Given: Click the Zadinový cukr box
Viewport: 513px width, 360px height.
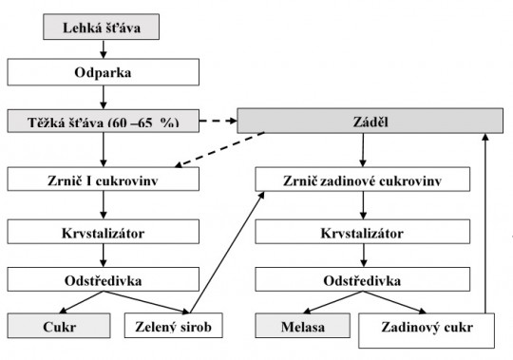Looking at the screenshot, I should (x=428, y=329).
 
